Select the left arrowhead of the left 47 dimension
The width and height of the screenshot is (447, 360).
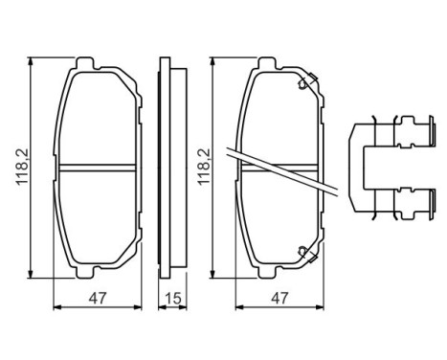point(54,308)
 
